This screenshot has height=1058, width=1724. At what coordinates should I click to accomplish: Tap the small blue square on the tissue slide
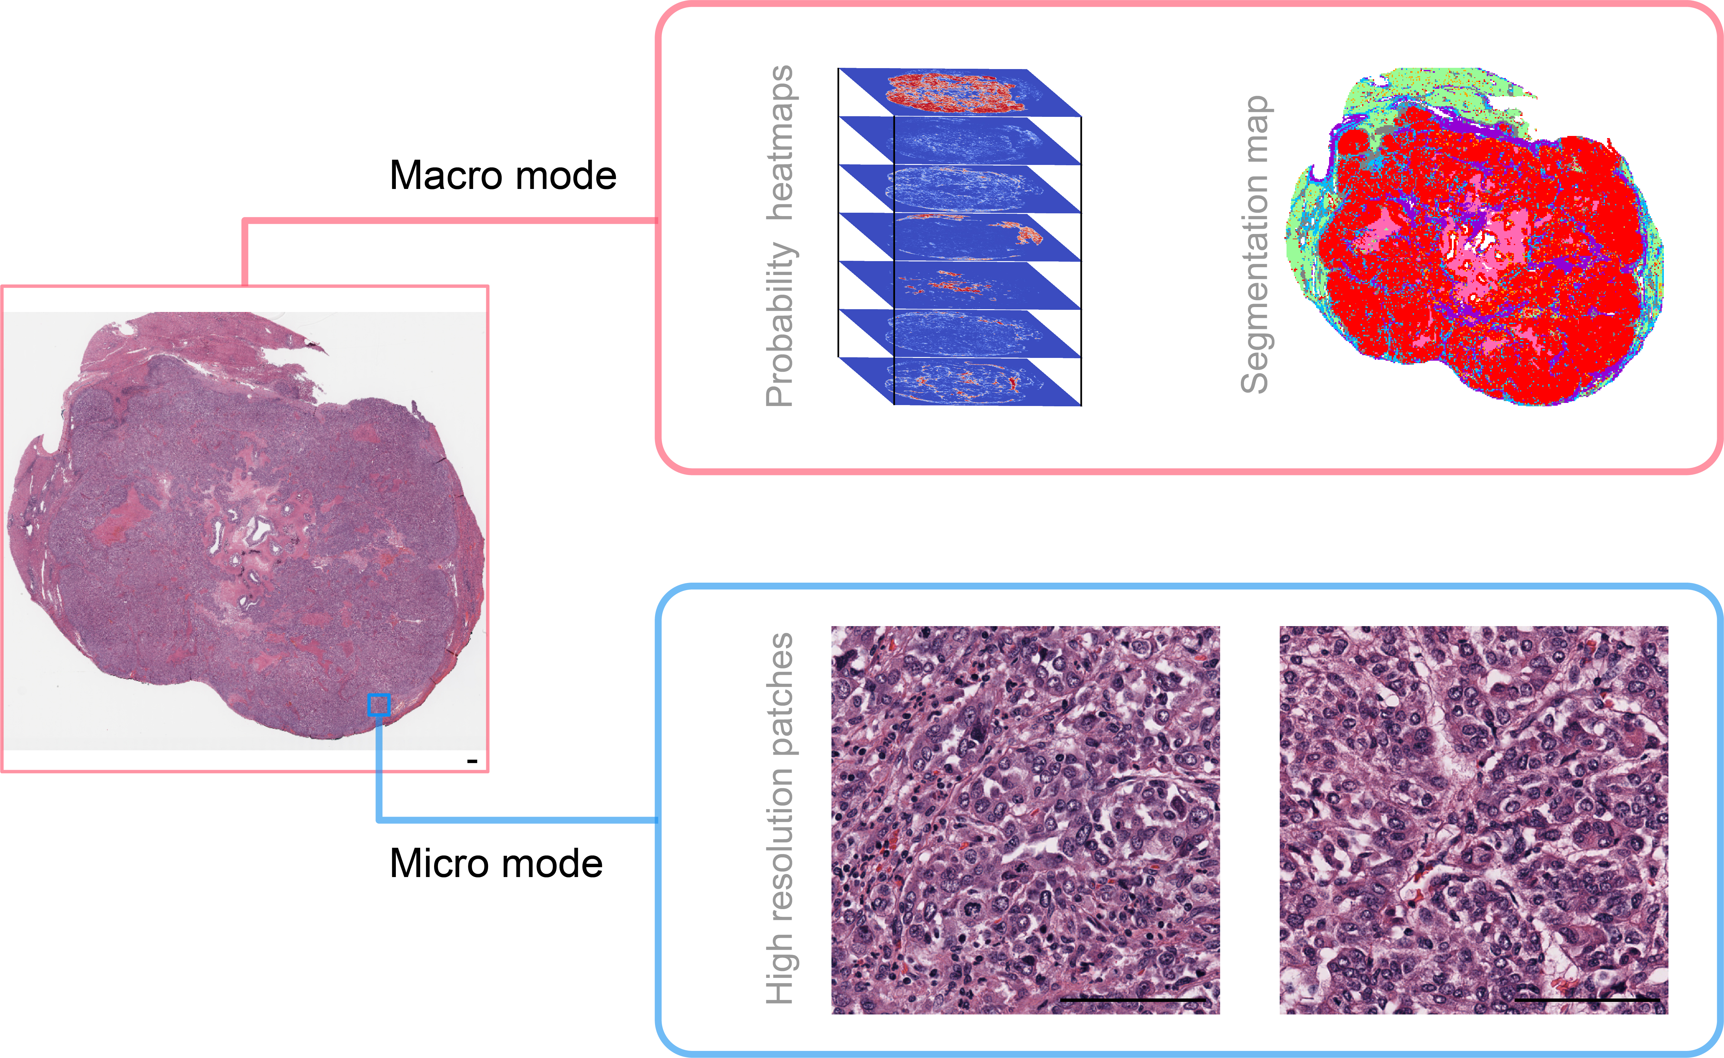click(379, 705)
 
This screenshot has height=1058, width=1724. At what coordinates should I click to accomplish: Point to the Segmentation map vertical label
click(1255, 245)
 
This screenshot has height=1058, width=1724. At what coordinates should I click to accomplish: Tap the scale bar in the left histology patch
click(1133, 1000)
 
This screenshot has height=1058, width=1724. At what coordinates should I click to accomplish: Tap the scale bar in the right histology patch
click(1587, 1000)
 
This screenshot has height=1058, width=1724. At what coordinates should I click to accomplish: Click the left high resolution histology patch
click(1025, 820)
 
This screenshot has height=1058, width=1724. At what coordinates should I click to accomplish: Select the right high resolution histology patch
click(1474, 820)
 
